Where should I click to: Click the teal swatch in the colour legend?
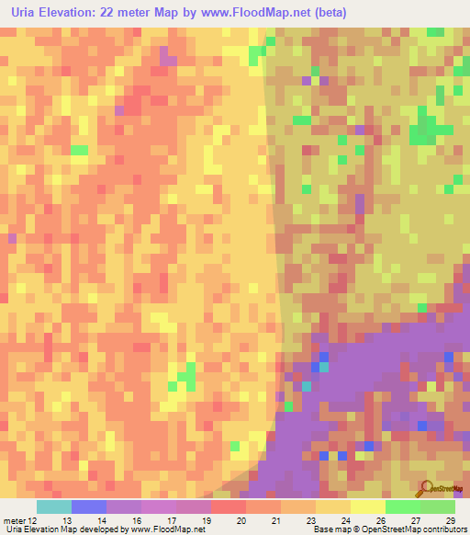[x=54, y=507]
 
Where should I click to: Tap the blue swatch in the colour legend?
[x=89, y=507]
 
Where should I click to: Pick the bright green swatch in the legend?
[x=403, y=507]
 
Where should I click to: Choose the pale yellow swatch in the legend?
[x=368, y=507]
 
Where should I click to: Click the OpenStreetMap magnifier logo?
[x=425, y=487]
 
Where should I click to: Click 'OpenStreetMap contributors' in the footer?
[x=415, y=530]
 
